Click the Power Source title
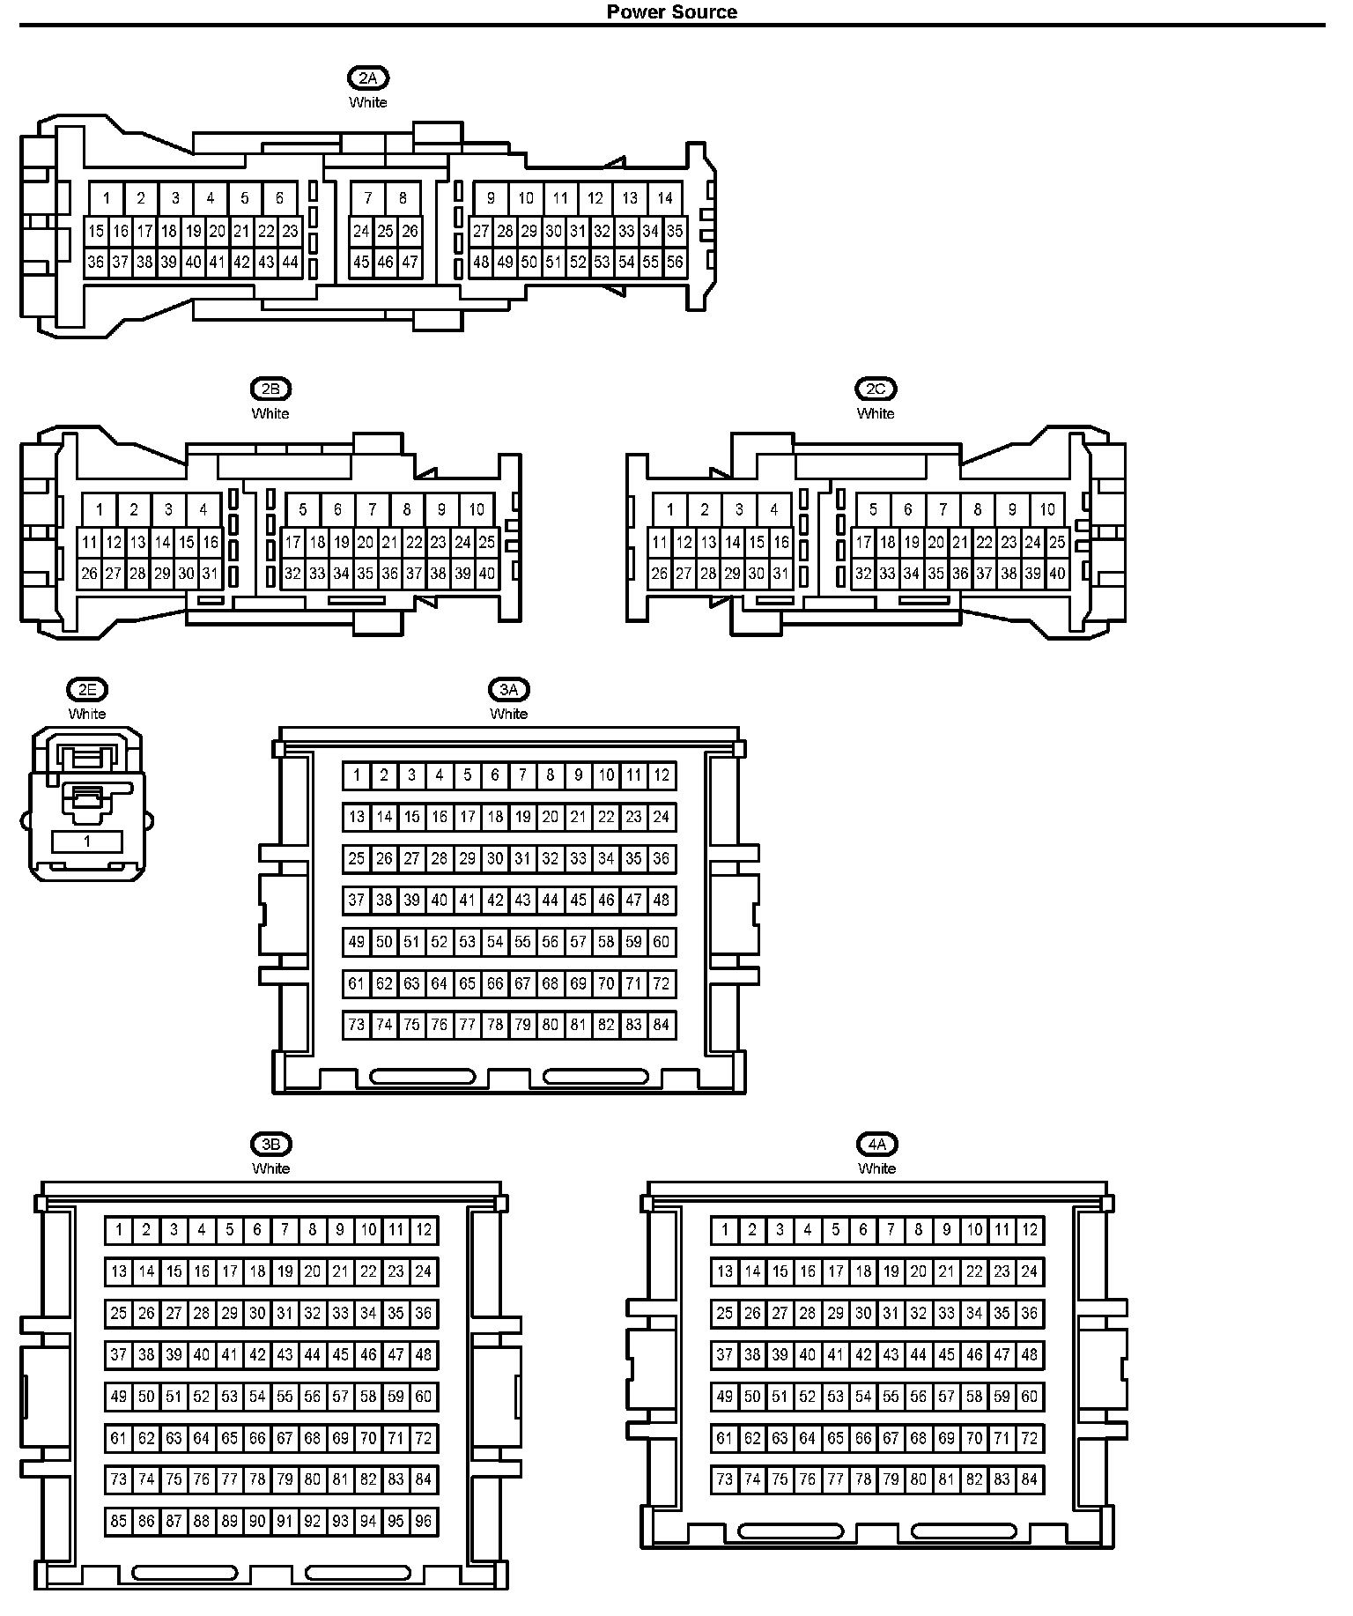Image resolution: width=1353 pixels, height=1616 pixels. [x=671, y=11]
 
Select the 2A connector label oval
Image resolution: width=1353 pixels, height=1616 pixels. [x=368, y=78]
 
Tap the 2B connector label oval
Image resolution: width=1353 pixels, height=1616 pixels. [x=270, y=389]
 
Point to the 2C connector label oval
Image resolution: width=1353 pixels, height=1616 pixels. [x=876, y=389]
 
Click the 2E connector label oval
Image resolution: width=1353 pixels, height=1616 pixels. [x=86, y=690]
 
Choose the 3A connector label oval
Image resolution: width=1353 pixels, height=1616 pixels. [x=509, y=690]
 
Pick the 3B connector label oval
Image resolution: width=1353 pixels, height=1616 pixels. [x=270, y=1145]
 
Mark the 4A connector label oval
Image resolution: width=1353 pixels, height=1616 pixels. [x=876, y=1145]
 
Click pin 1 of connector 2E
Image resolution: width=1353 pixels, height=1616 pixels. [x=86, y=841]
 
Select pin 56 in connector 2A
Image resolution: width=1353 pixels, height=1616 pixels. [x=675, y=262]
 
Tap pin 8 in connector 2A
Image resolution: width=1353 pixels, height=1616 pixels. [x=403, y=198]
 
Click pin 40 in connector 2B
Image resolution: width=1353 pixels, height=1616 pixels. [x=486, y=574]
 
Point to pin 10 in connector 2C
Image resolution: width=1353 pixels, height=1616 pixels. [x=1046, y=509]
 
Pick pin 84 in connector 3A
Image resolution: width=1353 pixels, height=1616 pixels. [x=662, y=1025]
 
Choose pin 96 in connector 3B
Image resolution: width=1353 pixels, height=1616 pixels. [x=424, y=1521]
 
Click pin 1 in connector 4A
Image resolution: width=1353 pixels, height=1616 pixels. [x=724, y=1230]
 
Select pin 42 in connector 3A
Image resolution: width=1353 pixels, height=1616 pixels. [x=495, y=900]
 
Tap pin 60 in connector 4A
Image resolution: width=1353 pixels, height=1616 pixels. [x=1029, y=1397]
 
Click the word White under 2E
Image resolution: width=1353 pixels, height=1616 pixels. [x=86, y=714]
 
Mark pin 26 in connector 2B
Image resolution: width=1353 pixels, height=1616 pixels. [x=89, y=574]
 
